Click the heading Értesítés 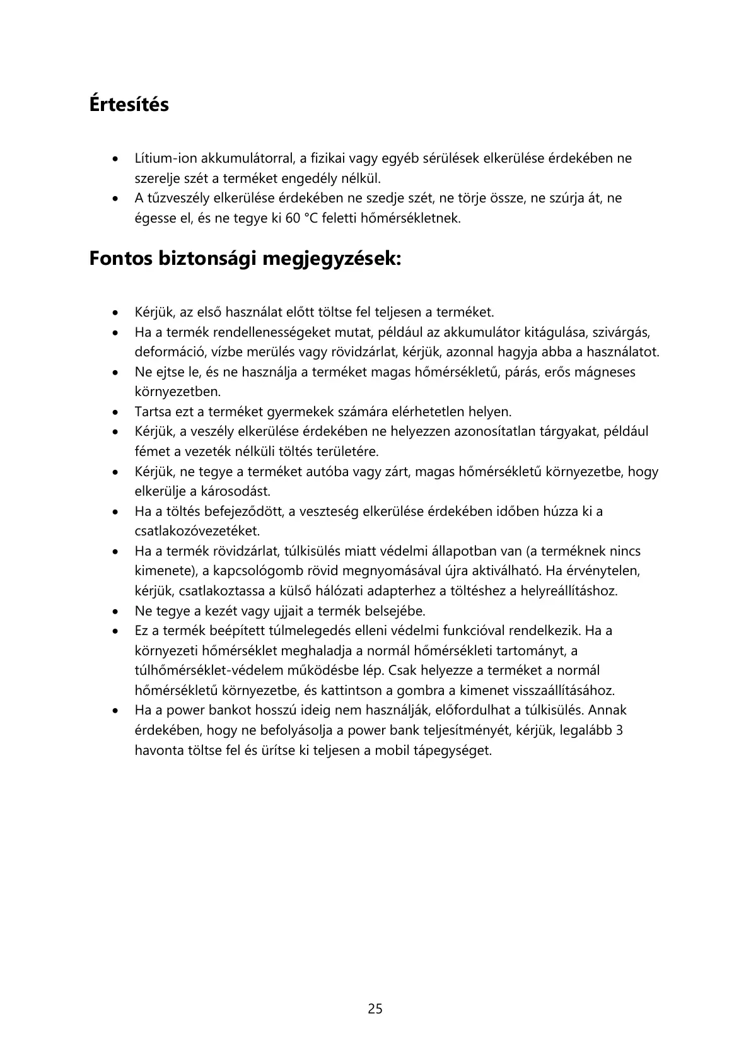(129, 104)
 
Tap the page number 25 (375, 1008)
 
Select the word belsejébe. (393, 611)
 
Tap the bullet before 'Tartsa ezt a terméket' (114, 412)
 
